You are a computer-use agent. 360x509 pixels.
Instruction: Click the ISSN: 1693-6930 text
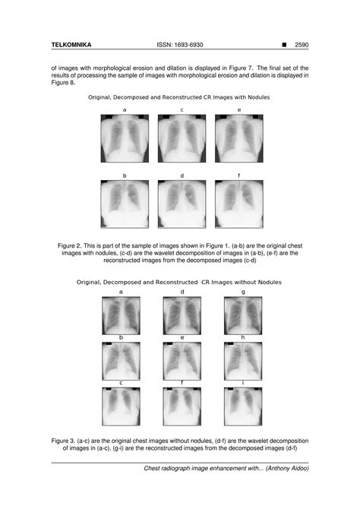(180, 45)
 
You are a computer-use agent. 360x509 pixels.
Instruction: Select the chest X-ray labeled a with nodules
(124, 138)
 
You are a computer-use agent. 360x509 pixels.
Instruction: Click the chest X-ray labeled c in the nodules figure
(182, 138)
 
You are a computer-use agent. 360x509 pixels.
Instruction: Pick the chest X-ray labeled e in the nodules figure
(238, 138)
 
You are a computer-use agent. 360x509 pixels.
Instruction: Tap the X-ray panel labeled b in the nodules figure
(124, 204)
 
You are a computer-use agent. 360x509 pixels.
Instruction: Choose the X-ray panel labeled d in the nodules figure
(182, 204)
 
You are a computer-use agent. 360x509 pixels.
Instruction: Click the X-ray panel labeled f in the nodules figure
(238, 204)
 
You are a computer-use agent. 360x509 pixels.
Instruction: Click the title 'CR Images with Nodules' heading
(179, 98)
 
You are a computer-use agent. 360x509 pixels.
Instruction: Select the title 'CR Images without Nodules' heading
(179, 282)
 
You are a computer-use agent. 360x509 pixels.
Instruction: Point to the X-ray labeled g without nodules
(243, 315)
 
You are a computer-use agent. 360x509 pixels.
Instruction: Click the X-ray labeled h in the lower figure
(243, 361)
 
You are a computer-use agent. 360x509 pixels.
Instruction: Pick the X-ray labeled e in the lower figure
(182, 361)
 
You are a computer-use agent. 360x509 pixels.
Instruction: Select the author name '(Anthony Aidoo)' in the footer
(288, 468)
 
